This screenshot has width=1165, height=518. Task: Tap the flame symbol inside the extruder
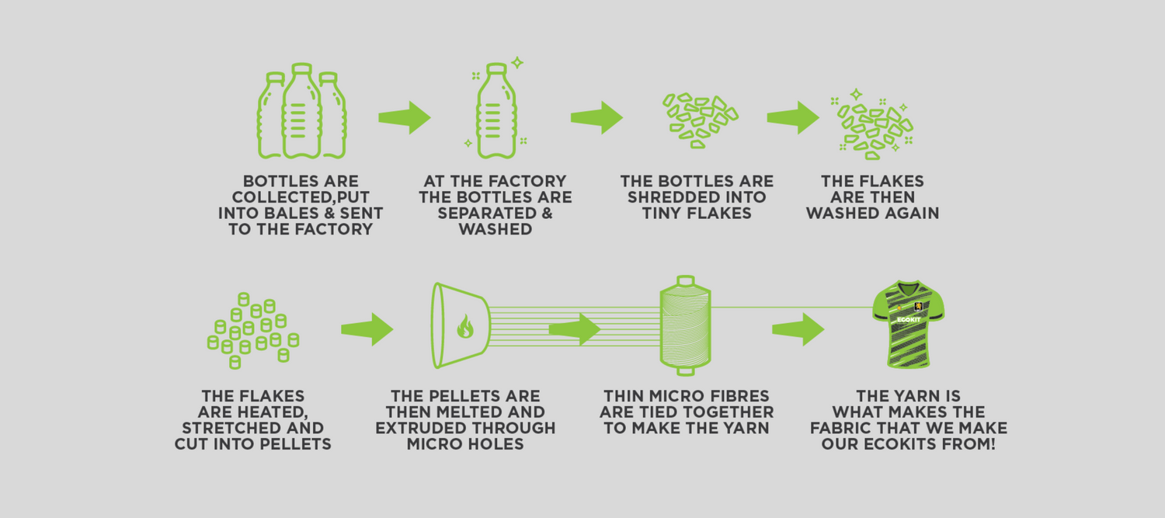pos(464,326)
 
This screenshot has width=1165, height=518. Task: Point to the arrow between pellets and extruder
pos(367,329)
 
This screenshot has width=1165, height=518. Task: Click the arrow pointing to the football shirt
pos(798,329)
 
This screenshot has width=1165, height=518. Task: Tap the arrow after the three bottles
pos(405,117)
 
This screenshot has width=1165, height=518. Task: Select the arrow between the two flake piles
pos(793,117)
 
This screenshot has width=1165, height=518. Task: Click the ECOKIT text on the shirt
pos(908,319)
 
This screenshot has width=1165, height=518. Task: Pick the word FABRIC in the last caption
pos(842,428)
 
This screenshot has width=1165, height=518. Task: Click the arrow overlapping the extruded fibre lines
pos(575,329)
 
